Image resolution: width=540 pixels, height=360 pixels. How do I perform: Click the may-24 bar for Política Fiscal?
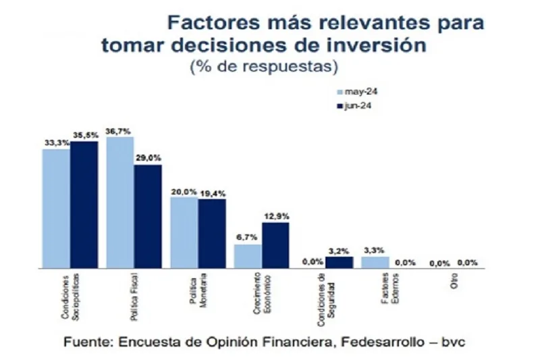120,203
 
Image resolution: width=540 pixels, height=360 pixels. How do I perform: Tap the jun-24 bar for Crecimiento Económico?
275,245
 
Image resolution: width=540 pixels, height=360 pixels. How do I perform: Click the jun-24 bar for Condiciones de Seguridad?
339,262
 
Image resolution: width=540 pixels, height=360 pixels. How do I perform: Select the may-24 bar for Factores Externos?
375,262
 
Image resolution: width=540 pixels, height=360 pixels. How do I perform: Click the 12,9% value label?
276,215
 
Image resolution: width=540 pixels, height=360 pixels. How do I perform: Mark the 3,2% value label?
340,250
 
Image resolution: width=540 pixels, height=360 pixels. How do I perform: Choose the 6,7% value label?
247,238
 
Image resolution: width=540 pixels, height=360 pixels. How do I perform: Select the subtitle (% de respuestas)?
264,67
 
